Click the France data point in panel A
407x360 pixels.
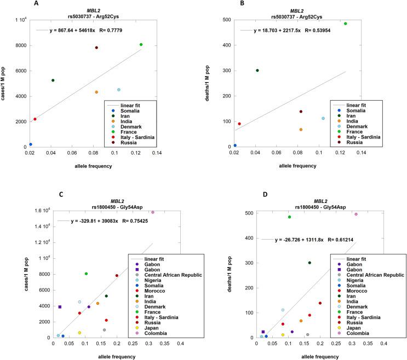click(x=141, y=44)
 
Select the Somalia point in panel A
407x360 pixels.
click(x=30, y=144)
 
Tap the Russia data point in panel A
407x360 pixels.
click(x=96, y=48)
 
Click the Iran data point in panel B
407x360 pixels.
click(x=257, y=70)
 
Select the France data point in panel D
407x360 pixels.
click(x=289, y=217)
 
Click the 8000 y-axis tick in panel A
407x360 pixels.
click(x=18, y=45)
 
